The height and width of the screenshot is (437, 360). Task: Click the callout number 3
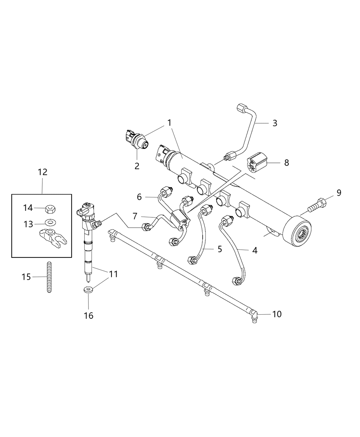pyautogui.click(x=275, y=123)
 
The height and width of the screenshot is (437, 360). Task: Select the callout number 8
pyautogui.click(x=286, y=162)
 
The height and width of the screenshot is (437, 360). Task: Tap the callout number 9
pyautogui.click(x=339, y=193)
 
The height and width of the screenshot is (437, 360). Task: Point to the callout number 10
pyautogui.click(x=277, y=314)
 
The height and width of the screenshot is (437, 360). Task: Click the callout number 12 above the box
pyautogui.click(x=42, y=172)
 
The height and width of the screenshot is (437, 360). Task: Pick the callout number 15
pyautogui.click(x=26, y=277)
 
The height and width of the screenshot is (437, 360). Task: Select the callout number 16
pyautogui.click(x=88, y=315)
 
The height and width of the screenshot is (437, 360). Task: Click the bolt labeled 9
pyautogui.click(x=317, y=204)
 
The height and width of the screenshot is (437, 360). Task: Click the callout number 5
pyautogui.click(x=219, y=249)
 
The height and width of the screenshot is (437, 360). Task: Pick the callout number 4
pyautogui.click(x=254, y=251)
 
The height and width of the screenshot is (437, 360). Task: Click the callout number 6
pyautogui.click(x=139, y=197)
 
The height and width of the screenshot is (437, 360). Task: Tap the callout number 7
pyautogui.click(x=135, y=217)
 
